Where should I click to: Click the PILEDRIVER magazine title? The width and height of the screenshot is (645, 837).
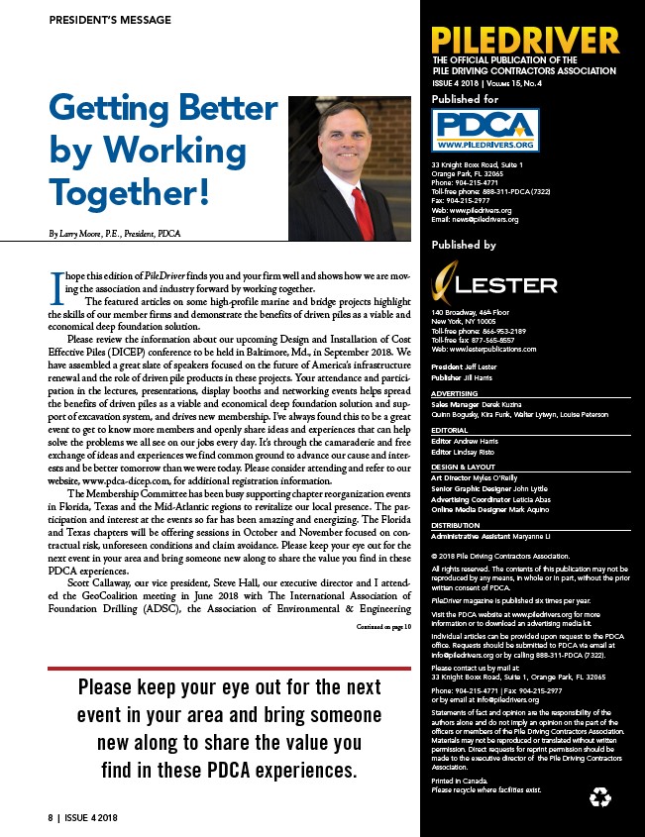(525, 42)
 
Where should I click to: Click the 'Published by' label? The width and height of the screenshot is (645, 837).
(464, 245)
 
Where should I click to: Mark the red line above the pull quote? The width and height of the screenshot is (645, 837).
(230, 669)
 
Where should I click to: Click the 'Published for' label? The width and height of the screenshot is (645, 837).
(466, 100)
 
